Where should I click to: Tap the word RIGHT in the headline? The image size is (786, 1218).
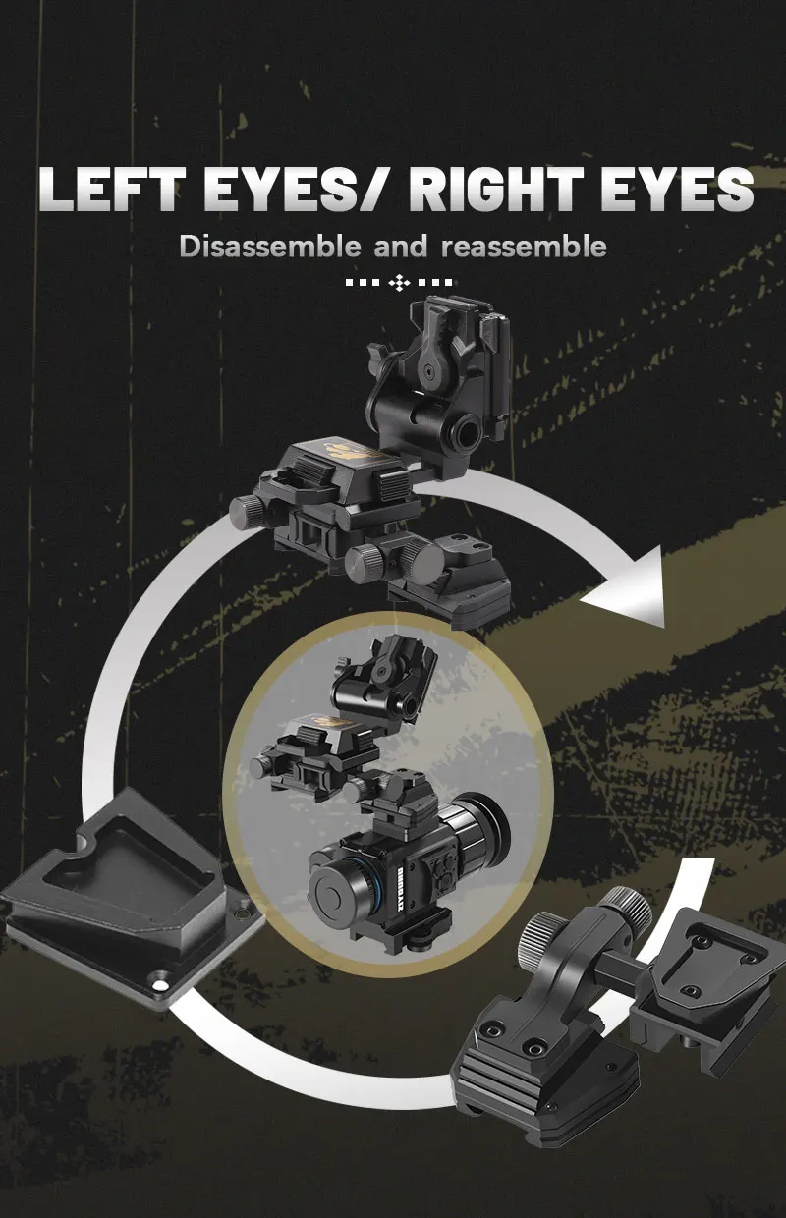(495, 189)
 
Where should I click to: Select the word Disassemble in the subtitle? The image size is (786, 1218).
(270, 247)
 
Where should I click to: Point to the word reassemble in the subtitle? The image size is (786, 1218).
(524, 247)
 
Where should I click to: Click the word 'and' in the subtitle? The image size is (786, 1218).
(401, 247)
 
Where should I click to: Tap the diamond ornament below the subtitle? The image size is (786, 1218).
(400, 282)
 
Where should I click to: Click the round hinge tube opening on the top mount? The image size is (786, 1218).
(468, 428)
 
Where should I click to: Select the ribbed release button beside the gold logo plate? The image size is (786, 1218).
(392, 484)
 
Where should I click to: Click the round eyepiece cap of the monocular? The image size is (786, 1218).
(332, 892)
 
